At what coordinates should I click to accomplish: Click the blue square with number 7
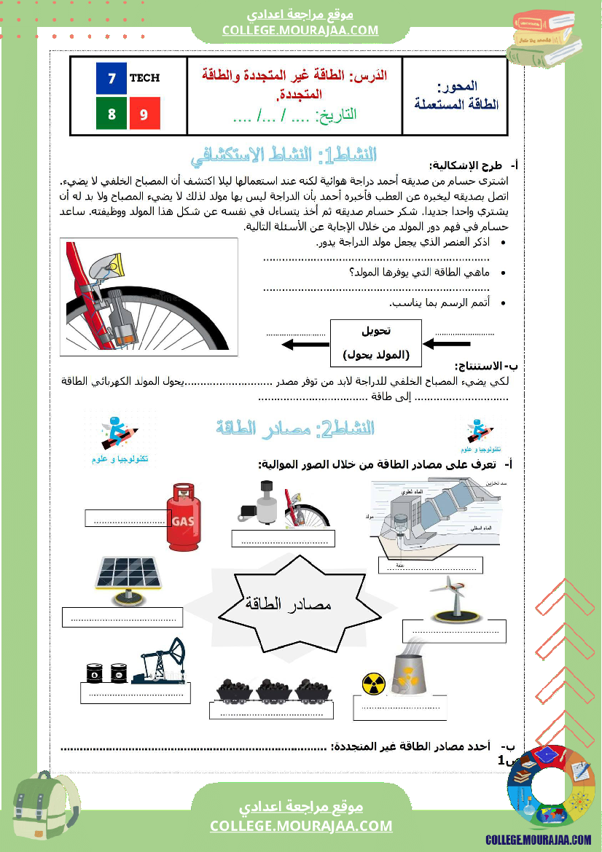point(112,79)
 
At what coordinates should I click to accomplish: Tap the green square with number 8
point(112,114)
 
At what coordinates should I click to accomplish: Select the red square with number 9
point(144,114)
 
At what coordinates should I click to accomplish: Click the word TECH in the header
point(144,78)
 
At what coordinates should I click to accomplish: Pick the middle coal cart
point(275,689)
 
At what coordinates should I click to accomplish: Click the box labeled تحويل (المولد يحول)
point(376,343)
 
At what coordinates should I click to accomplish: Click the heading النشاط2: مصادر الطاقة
point(295,429)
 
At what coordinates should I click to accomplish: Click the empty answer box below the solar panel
point(122,617)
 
